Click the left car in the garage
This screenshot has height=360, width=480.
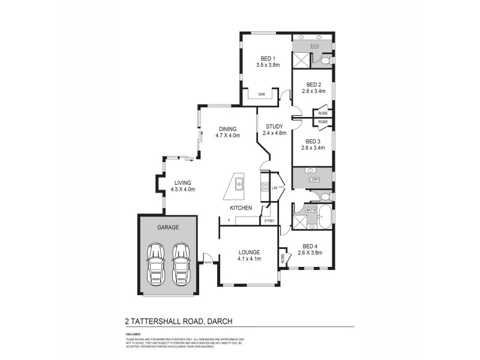(x=156, y=265)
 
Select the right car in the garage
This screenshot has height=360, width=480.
(x=181, y=265)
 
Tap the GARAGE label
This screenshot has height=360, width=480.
(x=168, y=228)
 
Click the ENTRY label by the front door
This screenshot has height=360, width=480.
(x=208, y=262)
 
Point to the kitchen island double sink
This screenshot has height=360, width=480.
(x=239, y=183)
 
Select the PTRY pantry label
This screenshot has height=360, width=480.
(x=268, y=221)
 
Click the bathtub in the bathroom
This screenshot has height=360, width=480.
(x=325, y=218)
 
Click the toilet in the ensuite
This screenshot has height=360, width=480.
(x=326, y=61)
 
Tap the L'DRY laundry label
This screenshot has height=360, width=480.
(x=313, y=179)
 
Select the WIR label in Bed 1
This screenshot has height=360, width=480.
(x=262, y=94)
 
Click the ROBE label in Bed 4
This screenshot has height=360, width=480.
(x=282, y=259)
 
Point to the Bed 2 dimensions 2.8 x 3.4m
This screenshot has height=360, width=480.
(x=313, y=91)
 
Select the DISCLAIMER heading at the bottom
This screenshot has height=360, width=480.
(x=133, y=334)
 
